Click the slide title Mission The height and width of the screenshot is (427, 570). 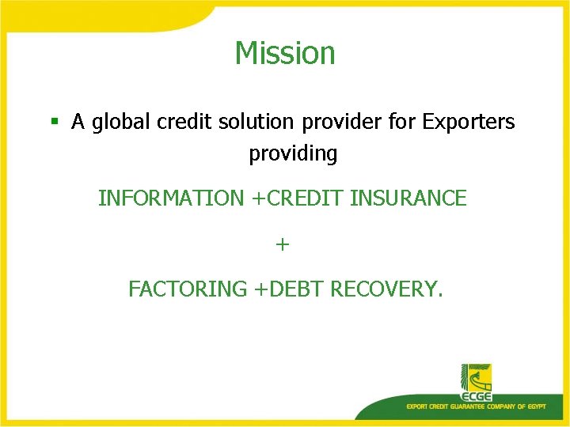(285, 53)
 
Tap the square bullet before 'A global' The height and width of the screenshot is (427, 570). (55, 122)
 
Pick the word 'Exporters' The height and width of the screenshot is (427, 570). (469, 123)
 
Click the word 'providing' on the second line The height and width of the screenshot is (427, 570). (293, 153)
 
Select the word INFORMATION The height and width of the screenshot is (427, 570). (171, 198)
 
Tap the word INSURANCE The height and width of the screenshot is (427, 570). (408, 198)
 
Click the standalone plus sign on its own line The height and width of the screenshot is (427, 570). (283, 244)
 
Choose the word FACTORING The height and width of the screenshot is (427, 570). (188, 289)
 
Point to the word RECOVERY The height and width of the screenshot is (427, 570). (386, 289)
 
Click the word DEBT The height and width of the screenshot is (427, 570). (298, 289)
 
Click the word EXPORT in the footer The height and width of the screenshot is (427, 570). (417, 406)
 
